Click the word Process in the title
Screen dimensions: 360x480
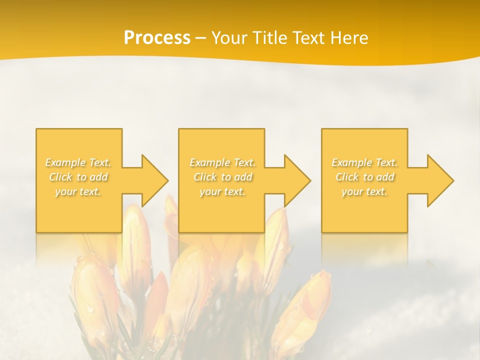click(157, 38)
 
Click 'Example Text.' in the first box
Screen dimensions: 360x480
click(78, 162)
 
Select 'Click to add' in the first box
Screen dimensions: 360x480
click(78, 177)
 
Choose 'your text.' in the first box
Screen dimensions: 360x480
click(78, 191)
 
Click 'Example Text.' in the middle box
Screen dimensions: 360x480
click(222, 162)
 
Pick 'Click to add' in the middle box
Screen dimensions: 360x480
click(222, 177)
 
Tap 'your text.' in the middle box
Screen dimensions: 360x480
click(222, 191)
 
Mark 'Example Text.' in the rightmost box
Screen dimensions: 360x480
click(364, 162)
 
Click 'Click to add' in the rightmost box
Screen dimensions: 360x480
click(364, 177)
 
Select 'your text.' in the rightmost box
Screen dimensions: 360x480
click(364, 191)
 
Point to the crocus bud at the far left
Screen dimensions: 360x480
click(92, 295)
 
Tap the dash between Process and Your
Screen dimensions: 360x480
click(200, 38)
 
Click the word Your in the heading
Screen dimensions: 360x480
click(229, 38)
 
